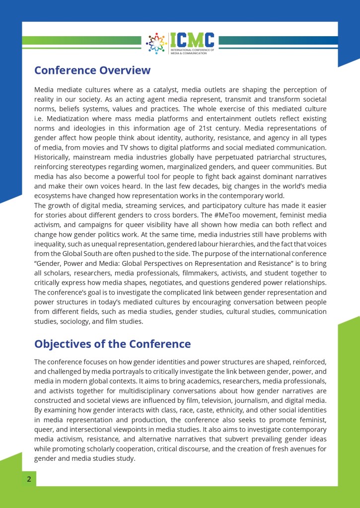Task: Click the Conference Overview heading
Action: point(92,70)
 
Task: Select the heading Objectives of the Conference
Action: point(112,344)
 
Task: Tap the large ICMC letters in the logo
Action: point(192,40)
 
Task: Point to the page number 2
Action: point(29,479)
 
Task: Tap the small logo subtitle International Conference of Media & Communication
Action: point(192,52)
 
